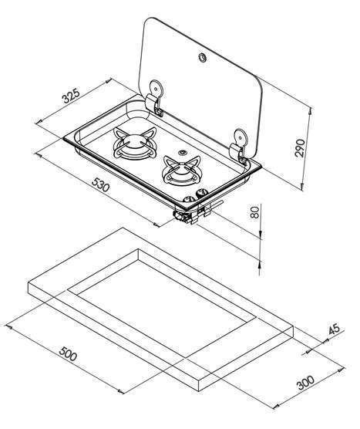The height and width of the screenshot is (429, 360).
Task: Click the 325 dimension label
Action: click(x=71, y=95)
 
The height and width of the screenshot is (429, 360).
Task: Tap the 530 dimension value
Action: click(x=100, y=184)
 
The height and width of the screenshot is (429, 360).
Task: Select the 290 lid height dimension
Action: click(x=300, y=147)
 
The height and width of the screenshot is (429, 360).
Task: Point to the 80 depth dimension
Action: click(x=254, y=212)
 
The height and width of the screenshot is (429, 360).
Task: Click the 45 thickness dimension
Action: click(x=334, y=329)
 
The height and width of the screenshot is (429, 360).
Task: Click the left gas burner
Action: click(x=134, y=143)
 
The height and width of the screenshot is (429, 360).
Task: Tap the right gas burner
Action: click(x=182, y=171)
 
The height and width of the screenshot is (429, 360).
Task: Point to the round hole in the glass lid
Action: click(x=203, y=57)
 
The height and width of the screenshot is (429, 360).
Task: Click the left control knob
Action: click(x=189, y=200)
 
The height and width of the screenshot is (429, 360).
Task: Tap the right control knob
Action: click(x=202, y=193)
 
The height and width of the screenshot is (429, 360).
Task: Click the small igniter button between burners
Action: click(x=181, y=152)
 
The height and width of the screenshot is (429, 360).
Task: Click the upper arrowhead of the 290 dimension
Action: click(x=310, y=110)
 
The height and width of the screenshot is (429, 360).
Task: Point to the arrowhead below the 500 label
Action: click(x=120, y=391)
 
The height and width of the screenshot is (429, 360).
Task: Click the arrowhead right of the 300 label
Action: click(x=341, y=370)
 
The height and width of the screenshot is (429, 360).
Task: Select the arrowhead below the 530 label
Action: click(x=156, y=225)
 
